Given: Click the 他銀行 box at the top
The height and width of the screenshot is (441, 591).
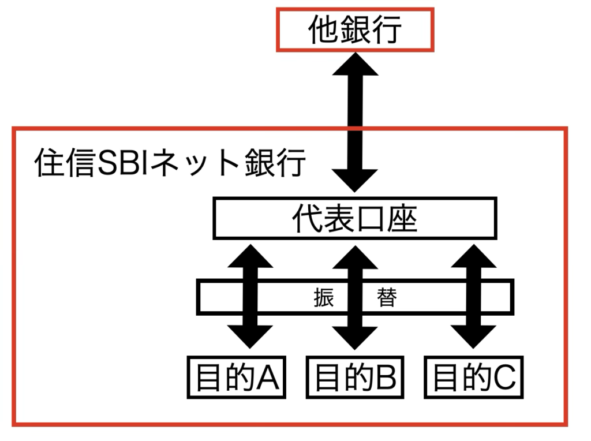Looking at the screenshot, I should click(x=354, y=29).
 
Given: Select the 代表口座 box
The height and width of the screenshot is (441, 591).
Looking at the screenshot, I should click(x=354, y=218).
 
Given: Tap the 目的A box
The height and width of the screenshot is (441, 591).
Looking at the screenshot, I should click(x=237, y=378).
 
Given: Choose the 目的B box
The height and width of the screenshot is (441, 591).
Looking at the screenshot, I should click(x=355, y=378).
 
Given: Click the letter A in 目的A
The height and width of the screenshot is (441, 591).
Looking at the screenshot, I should click(x=268, y=379).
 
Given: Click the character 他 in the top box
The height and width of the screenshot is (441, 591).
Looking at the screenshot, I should click(x=323, y=29).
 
